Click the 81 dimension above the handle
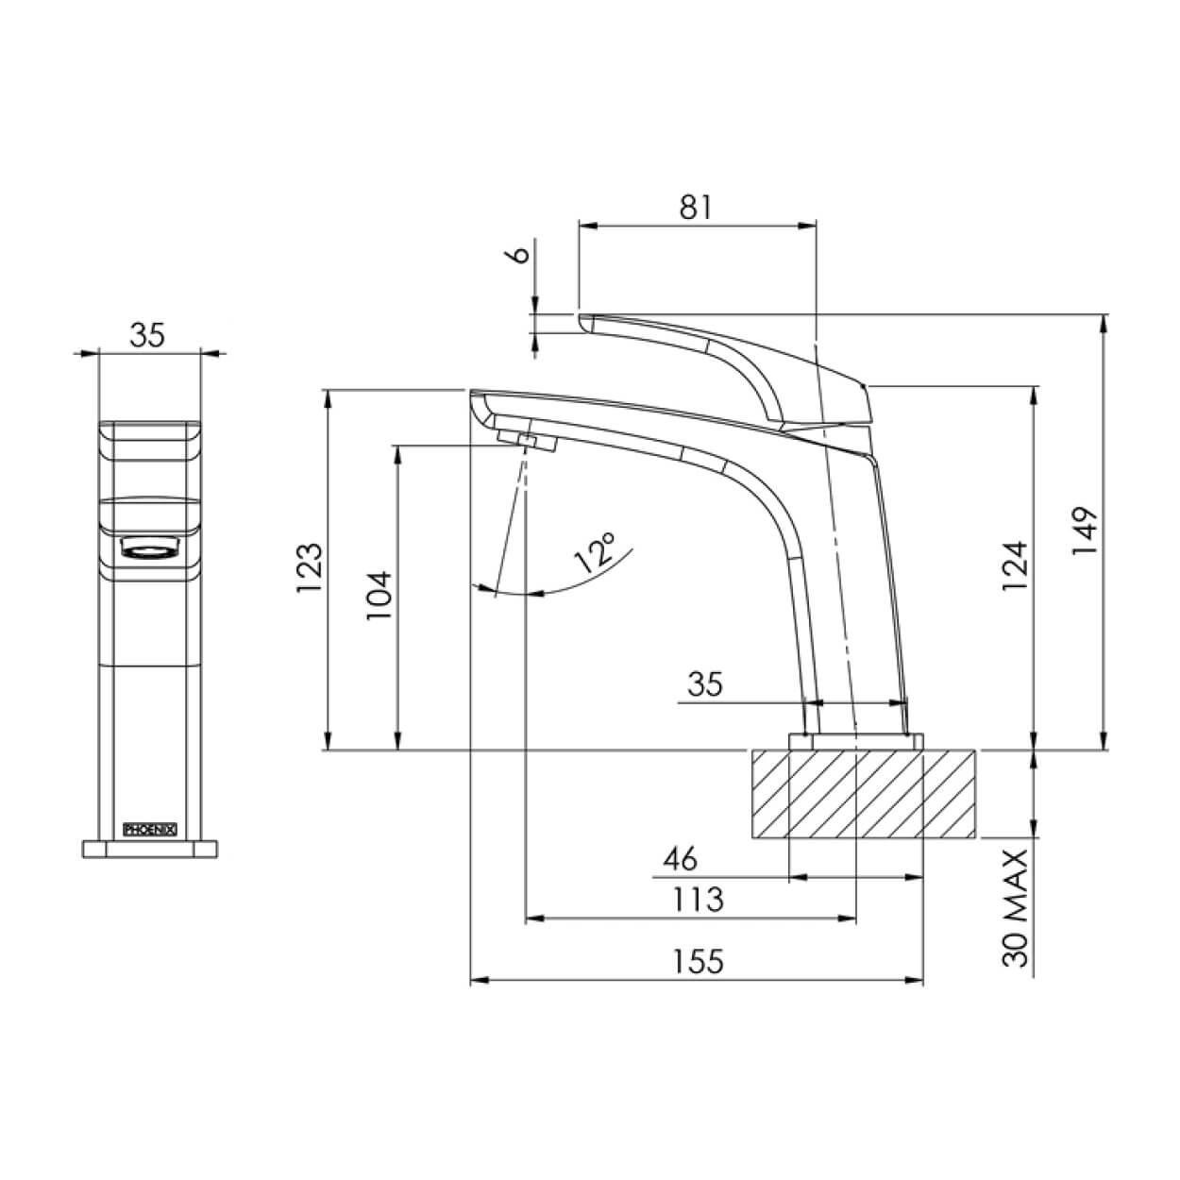695,207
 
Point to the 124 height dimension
1014,565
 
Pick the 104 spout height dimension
379,595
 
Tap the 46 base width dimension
681,859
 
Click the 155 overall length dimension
699,962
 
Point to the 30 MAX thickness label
1014,907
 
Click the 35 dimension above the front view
148,334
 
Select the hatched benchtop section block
863,793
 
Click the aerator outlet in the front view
148,548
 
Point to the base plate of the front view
151,848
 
